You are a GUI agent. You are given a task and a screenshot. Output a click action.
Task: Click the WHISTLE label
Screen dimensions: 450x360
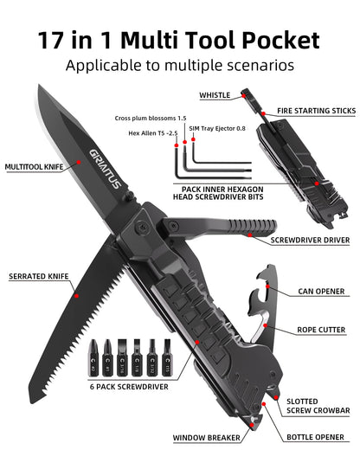[215, 95]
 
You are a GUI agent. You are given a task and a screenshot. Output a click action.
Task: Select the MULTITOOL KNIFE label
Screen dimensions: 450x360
[34, 166]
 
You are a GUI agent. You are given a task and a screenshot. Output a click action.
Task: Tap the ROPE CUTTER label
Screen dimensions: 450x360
[322, 329]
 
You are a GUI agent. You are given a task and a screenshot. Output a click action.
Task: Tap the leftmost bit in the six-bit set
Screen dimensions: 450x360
[92, 355]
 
